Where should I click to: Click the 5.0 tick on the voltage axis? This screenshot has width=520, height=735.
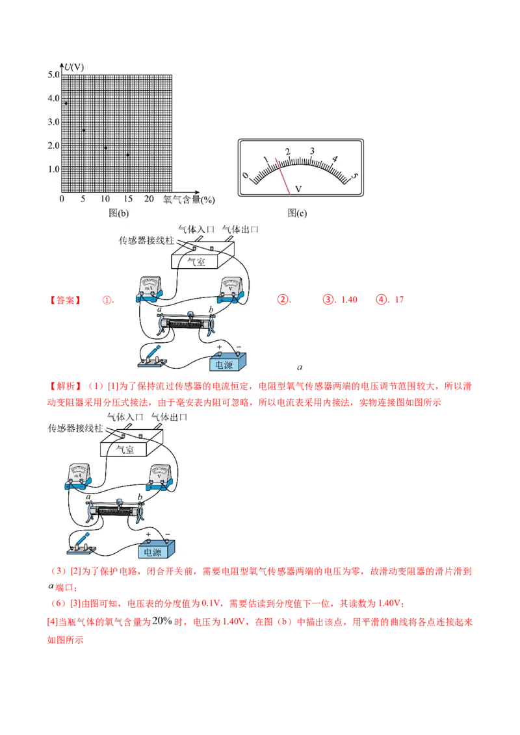[53, 75]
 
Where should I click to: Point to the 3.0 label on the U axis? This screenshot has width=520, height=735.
[53, 122]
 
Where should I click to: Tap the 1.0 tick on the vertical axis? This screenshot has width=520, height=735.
[53, 169]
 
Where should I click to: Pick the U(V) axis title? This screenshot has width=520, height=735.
[73, 66]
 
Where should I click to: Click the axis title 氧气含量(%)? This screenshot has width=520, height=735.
[188, 199]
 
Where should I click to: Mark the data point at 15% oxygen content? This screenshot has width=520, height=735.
[127, 155]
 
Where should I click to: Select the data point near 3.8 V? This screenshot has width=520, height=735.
[66, 103]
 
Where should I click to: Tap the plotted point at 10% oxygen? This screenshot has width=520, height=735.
[105, 148]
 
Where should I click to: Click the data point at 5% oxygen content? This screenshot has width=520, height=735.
[83, 131]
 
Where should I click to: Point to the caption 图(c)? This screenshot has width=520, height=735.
[297, 212]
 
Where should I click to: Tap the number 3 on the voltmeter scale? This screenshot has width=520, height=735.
[312, 151]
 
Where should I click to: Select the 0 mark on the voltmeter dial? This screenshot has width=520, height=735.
[245, 175]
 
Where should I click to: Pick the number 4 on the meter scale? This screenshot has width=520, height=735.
[335, 159]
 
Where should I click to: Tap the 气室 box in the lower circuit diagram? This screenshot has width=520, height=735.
[126, 449]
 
